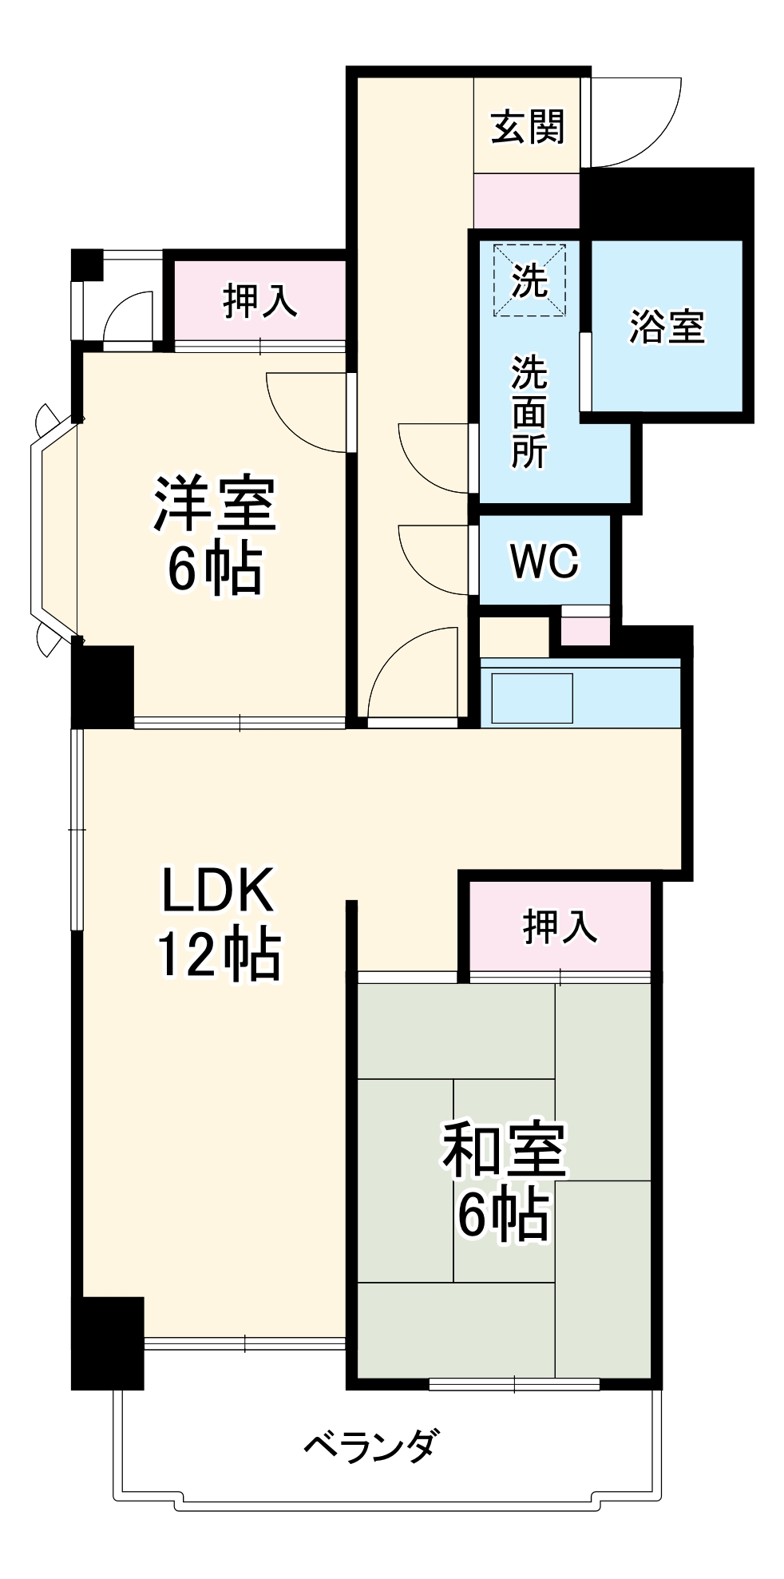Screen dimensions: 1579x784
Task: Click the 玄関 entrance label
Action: [527, 127]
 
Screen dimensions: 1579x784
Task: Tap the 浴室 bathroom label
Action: [667, 326]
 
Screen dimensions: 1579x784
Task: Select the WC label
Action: [544, 561]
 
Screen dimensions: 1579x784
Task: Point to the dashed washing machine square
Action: [529, 280]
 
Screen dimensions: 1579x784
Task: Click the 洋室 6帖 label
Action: [215, 535]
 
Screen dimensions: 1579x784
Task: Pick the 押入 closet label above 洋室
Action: [260, 301]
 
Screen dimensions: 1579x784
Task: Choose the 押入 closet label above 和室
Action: [560, 926]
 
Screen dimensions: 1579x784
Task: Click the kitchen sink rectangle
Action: [532, 698]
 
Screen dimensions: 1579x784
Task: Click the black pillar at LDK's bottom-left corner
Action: [107, 1343]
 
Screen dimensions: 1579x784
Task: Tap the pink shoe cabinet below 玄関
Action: [526, 200]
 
